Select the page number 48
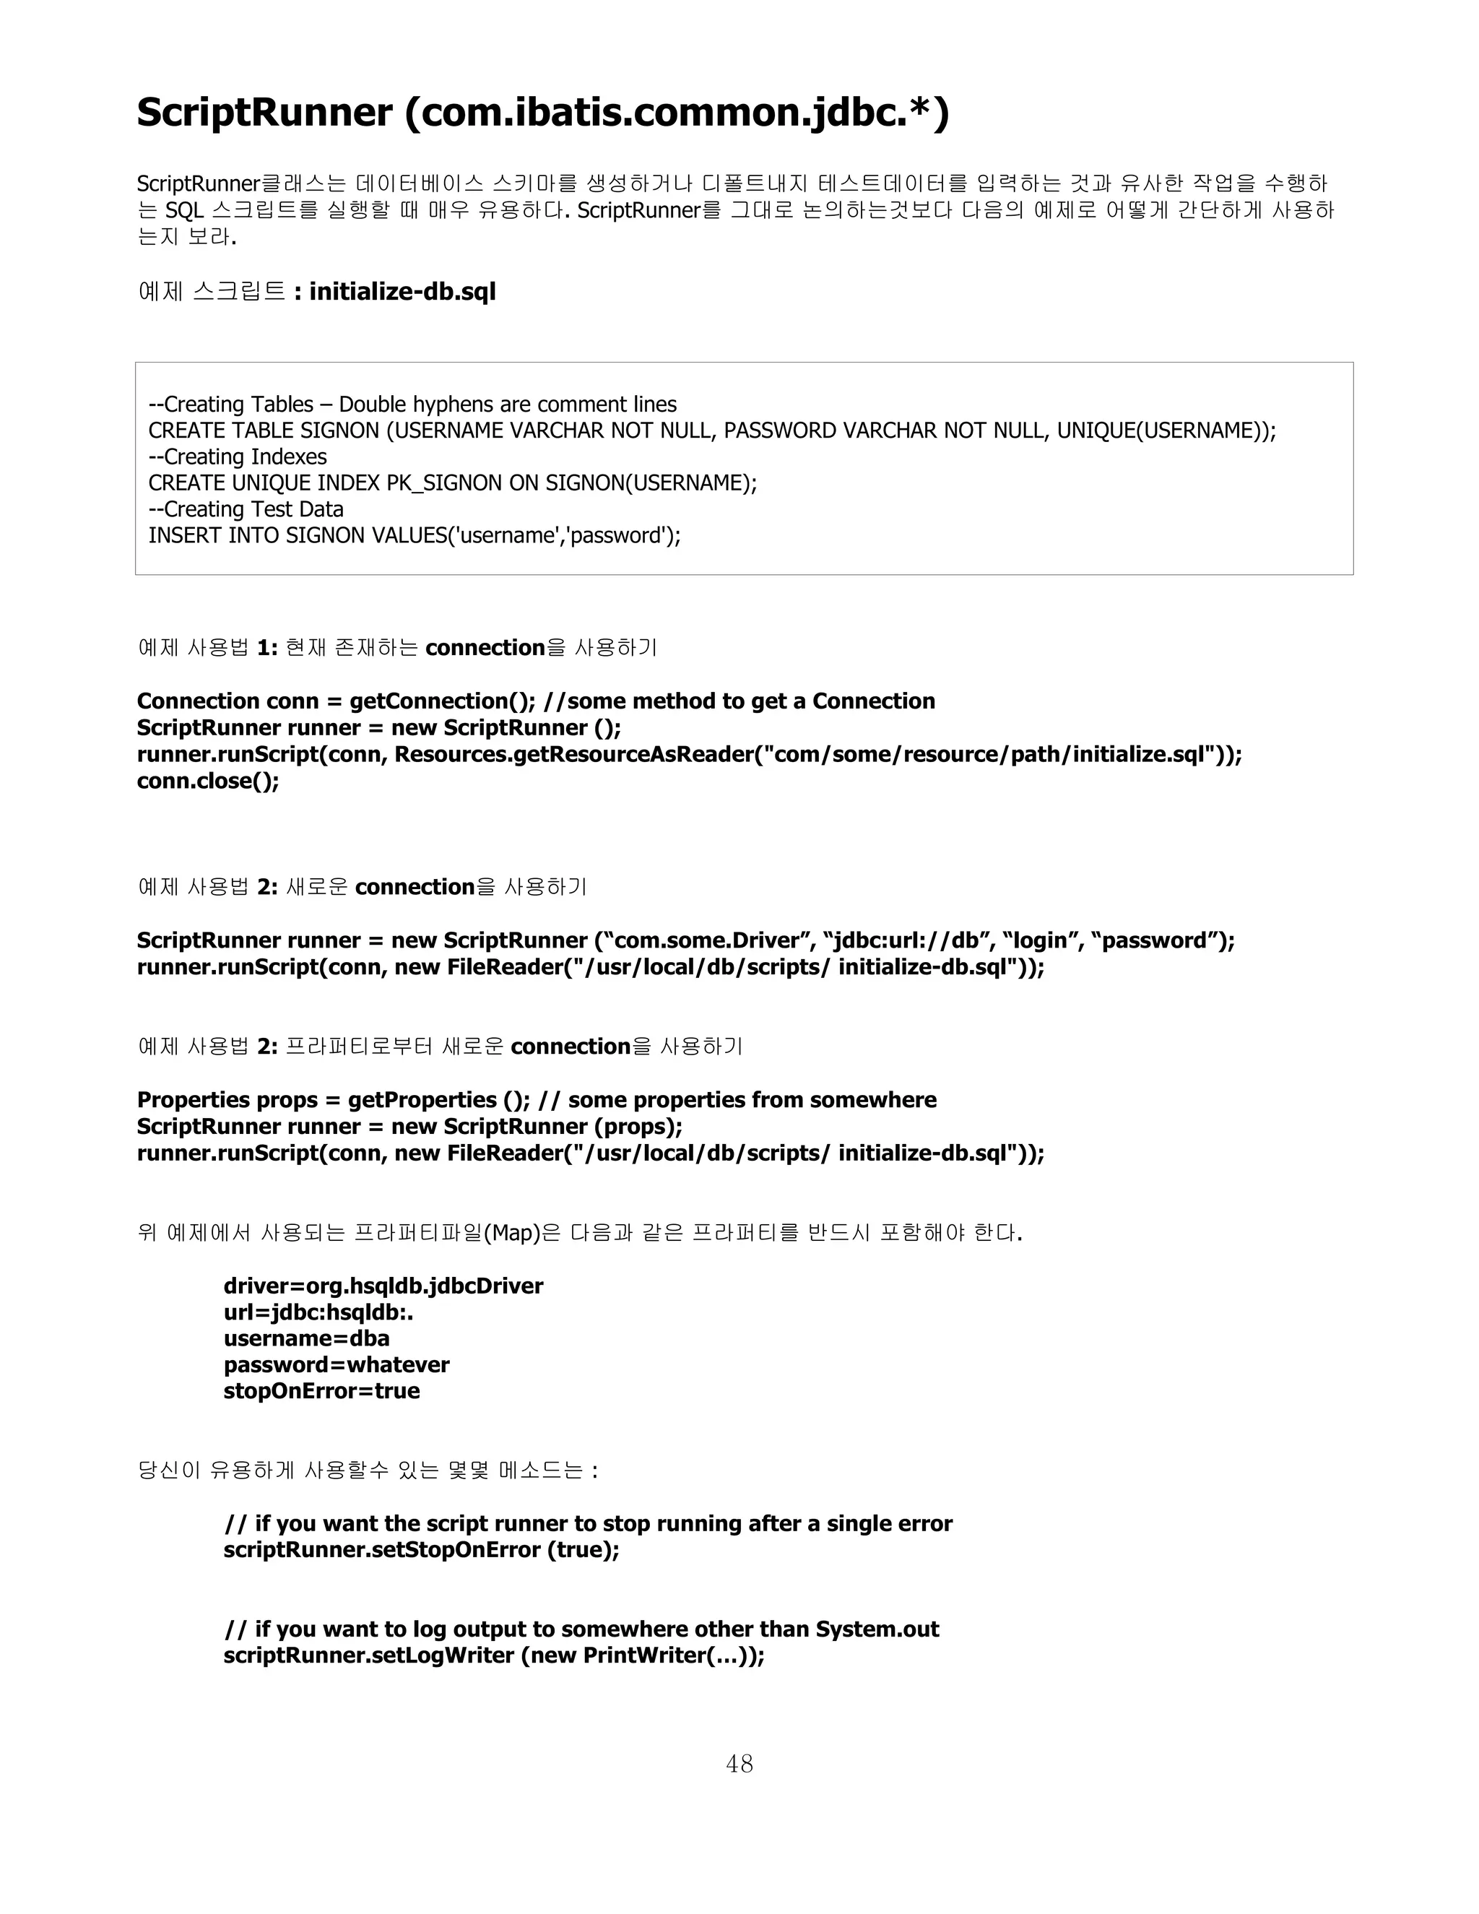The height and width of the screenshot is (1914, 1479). pyautogui.click(x=739, y=1763)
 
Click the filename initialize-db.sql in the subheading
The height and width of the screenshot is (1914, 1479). pyautogui.click(x=402, y=292)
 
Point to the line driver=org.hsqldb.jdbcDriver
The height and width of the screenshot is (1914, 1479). pyautogui.click(x=383, y=1286)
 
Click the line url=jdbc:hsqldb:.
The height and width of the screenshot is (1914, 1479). pyautogui.click(x=318, y=1312)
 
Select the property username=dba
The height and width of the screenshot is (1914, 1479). pyautogui.click(x=305, y=1338)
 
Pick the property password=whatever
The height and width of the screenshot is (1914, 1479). pyautogui.click(x=337, y=1364)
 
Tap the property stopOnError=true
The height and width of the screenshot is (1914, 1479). pyautogui.click(x=321, y=1391)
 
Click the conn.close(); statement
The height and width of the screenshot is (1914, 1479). pyautogui.click(x=208, y=781)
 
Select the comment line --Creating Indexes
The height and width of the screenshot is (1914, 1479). pyautogui.click(x=238, y=456)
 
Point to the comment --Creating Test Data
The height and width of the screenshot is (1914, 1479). pyautogui.click(x=246, y=509)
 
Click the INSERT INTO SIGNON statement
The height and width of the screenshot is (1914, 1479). pyautogui.click(x=414, y=535)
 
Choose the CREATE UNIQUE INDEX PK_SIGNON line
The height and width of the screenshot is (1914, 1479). pyautogui.click(x=452, y=483)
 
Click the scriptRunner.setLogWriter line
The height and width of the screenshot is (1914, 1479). pyautogui.click(x=493, y=1655)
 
